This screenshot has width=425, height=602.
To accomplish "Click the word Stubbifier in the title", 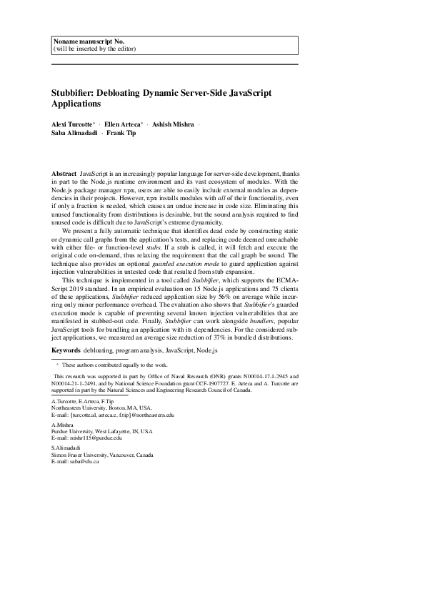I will tap(74, 93).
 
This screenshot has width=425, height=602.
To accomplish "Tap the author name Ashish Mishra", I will tap(172, 124).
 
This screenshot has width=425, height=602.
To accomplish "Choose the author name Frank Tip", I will tap(121, 133).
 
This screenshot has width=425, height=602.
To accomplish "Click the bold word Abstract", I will tap(64, 174).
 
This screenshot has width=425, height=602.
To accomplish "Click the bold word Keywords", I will tap(66, 351).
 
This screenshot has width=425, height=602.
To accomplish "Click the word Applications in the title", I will tap(76, 104).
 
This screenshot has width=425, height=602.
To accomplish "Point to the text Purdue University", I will tap(74, 431).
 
